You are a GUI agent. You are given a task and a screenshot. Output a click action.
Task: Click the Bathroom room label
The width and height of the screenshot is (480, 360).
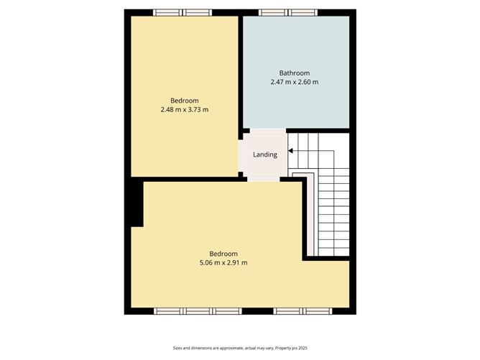click(294, 73)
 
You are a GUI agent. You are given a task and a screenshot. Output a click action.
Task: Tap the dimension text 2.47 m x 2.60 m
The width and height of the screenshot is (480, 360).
click(294, 82)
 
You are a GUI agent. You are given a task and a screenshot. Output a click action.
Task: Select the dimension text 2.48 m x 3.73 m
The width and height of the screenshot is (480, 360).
click(184, 110)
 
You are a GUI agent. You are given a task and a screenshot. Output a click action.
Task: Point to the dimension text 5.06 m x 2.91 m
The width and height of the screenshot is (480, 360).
click(223, 263)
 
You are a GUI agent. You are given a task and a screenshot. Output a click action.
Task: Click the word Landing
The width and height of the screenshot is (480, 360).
click(265, 154)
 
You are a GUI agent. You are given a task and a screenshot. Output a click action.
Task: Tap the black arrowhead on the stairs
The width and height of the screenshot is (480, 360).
click(290, 151)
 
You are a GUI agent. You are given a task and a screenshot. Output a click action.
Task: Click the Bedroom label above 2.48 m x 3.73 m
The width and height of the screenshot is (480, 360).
click(184, 101)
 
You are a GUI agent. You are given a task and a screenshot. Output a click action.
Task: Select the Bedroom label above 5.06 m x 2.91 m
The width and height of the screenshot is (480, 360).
click(223, 254)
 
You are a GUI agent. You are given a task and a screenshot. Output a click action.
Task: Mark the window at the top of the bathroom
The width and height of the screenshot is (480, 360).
click(287, 12)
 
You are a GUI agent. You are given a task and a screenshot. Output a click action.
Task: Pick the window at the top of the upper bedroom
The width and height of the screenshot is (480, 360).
click(183, 12)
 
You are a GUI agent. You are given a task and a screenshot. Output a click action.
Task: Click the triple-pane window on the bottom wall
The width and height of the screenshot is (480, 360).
click(198, 311)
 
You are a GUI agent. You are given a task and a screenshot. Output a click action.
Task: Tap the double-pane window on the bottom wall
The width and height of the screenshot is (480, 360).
click(303, 311)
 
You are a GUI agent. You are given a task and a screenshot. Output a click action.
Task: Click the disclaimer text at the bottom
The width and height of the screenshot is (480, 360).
click(240, 348)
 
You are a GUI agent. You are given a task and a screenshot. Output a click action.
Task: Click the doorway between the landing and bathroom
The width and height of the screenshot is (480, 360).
click(268, 131)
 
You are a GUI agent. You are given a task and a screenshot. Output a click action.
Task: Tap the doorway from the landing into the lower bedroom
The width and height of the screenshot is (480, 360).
click(264, 180)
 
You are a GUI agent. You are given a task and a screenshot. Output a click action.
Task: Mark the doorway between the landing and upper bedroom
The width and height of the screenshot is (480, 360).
click(241, 154)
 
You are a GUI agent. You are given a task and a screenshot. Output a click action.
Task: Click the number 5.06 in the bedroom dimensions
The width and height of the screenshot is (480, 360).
click(206, 263)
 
